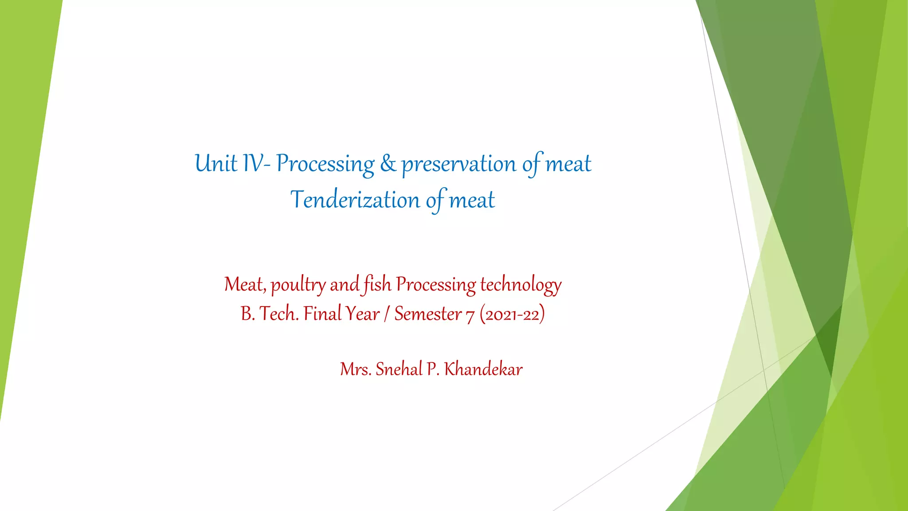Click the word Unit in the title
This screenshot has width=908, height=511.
(216, 164)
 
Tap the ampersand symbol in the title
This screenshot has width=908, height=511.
(388, 164)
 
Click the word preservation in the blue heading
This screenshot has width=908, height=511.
(459, 165)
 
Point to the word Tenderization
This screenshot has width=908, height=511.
(355, 200)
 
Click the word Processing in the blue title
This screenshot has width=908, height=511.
(325, 165)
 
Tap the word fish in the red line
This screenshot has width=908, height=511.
(377, 284)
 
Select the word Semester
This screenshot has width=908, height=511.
(428, 314)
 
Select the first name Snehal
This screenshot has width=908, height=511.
(399, 369)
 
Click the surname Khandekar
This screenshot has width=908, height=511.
(483, 369)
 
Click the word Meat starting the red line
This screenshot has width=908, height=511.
(245, 285)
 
